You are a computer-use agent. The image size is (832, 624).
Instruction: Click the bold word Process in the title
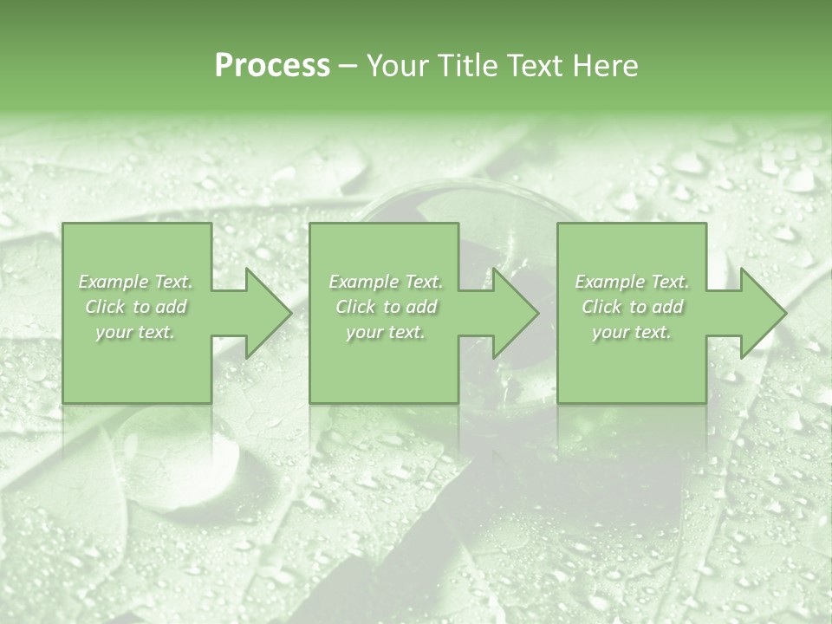tap(272, 66)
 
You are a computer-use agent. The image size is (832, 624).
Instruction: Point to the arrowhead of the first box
tap(264, 313)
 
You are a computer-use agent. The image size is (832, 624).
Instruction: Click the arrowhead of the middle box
tap(511, 313)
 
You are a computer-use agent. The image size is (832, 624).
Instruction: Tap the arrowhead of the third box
tap(759, 313)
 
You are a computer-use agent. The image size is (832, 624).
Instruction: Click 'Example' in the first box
tap(113, 282)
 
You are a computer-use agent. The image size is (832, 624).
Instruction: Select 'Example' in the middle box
tap(362, 282)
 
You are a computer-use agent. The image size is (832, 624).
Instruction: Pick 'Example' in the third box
tap(609, 282)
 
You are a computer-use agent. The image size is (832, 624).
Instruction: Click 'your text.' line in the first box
tap(135, 333)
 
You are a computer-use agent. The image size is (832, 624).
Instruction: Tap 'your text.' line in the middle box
tap(385, 333)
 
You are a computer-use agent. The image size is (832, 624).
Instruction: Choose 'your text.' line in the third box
tap(632, 333)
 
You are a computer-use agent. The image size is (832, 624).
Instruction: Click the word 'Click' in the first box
tap(104, 307)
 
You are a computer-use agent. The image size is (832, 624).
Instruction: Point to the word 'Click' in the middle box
tap(354, 307)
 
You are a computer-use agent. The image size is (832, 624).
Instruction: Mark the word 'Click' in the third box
tap(601, 307)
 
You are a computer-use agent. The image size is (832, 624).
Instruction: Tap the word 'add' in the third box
tap(668, 307)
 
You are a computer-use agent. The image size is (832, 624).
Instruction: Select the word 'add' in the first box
tap(171, 307)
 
